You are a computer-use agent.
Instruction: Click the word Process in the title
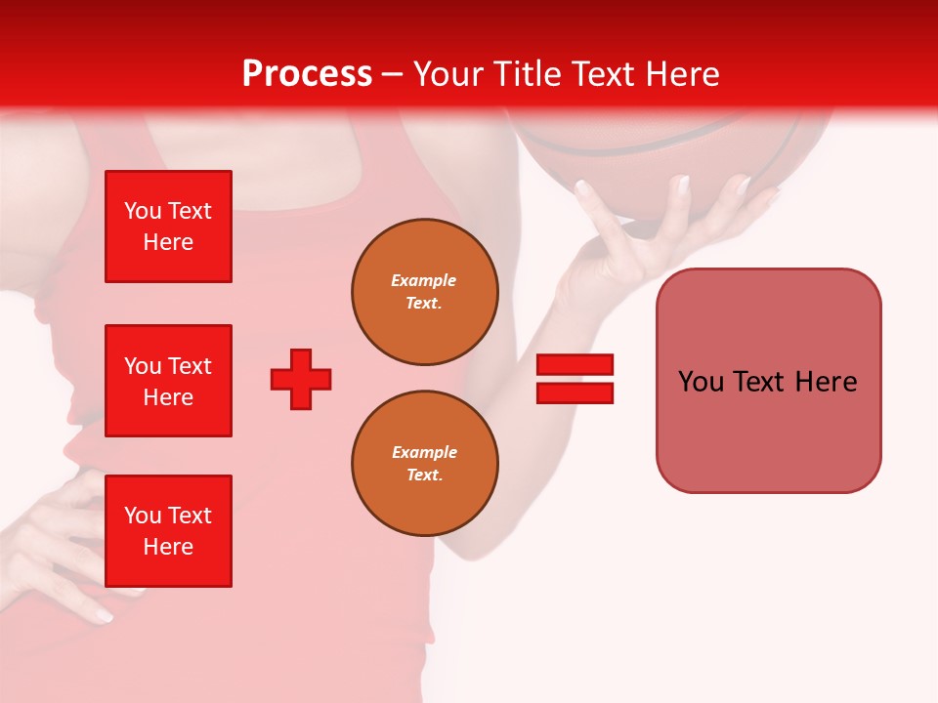307,74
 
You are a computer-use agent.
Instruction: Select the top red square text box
168,227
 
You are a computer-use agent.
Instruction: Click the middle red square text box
168,381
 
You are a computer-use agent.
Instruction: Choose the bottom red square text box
168,531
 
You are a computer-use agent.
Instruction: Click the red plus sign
301,379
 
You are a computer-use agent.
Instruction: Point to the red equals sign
575,379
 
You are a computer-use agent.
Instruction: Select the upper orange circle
424,292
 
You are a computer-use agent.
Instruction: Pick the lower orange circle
424,464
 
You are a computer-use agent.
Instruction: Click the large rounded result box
768,381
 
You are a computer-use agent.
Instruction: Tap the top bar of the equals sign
575,365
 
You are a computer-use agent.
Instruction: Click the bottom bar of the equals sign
575,393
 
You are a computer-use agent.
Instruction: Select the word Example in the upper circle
423,280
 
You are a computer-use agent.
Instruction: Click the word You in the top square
142,211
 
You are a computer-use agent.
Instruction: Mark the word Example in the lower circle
424,452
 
